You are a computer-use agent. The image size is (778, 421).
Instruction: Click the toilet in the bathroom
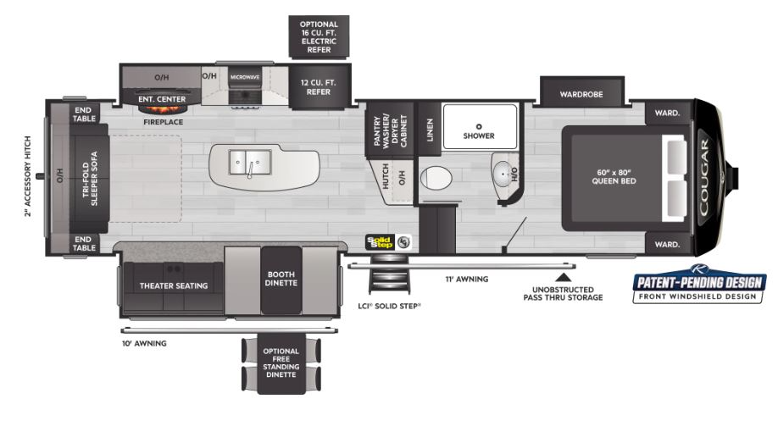point(436,178)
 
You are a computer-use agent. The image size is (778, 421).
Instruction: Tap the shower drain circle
point(479,127)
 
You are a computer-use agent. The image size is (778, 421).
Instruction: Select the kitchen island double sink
point(250,162)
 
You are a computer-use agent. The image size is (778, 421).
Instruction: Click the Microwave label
point(245,77)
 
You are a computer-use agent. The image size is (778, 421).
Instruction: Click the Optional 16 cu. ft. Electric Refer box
point(319,36)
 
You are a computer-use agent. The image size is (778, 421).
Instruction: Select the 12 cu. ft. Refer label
point(319,87)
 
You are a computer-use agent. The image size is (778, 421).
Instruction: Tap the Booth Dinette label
point(281,279)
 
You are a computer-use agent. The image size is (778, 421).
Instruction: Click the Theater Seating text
point(174,285)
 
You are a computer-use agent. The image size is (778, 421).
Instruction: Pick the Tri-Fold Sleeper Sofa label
point(91,179)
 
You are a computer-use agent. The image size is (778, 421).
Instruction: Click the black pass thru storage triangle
point(563,277)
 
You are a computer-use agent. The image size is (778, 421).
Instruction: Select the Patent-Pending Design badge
point(699,285)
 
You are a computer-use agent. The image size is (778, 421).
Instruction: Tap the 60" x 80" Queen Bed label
point(614,177)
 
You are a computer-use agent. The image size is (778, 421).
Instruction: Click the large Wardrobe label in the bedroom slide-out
point(581,94)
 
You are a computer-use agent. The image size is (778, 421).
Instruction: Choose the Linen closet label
point(431,130)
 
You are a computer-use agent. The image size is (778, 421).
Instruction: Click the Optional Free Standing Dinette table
point(281,366)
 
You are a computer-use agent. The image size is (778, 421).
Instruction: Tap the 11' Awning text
point(467,280)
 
